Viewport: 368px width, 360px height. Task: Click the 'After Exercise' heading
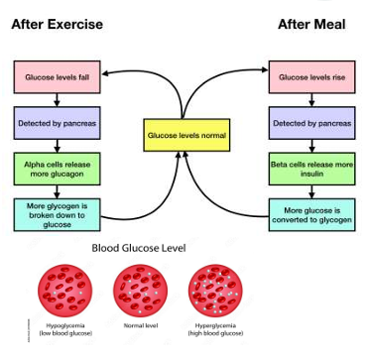click(57, 25)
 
